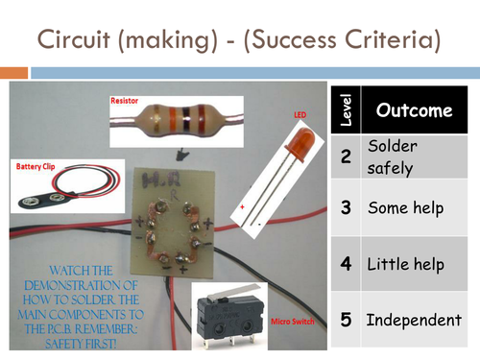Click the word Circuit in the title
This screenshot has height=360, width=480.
pos(74,39)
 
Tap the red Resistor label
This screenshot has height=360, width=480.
pos(124,101)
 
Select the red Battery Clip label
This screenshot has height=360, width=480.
pos(36,166)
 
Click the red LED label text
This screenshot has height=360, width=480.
pos(300,115)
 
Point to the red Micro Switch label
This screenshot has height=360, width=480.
pos(293,322)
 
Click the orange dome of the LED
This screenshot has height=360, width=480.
pos(302,143)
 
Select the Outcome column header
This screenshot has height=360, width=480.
pos(414,109)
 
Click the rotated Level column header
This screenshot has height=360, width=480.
pos(346,109)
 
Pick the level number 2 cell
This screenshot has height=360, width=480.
pos(346,156)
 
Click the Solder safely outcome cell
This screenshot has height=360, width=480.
pos(414,156)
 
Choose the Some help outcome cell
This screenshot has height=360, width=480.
pos(414,207)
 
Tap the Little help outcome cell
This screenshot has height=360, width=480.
pos(414,264)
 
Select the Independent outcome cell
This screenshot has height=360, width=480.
pos(414,320)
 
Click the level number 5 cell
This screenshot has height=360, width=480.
pos(346,320)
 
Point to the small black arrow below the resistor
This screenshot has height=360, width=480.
pos(182,155)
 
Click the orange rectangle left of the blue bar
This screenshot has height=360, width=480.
pos(13,73)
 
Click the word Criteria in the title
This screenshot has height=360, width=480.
pos(393,39)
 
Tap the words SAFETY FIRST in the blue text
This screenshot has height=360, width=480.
pos(81,344)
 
